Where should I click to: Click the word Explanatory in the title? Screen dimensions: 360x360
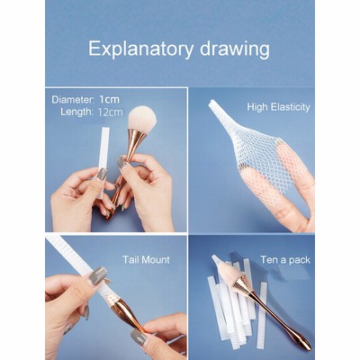click(140, 49)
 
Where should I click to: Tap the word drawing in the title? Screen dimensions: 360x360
click(235, 49)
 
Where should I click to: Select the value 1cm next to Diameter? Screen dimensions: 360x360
click(110, 99)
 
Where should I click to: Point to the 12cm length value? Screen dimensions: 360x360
click(110, 112)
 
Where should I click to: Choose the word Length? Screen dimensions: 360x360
click(76, 112)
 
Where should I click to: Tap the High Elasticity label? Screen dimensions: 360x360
click(278, 107)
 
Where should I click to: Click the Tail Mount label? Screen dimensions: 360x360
click(146, 259)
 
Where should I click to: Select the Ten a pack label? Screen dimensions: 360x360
click(285, 259)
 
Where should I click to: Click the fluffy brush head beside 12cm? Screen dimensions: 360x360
click(141, 118)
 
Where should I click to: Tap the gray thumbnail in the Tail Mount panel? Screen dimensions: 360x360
click(98, 275)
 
